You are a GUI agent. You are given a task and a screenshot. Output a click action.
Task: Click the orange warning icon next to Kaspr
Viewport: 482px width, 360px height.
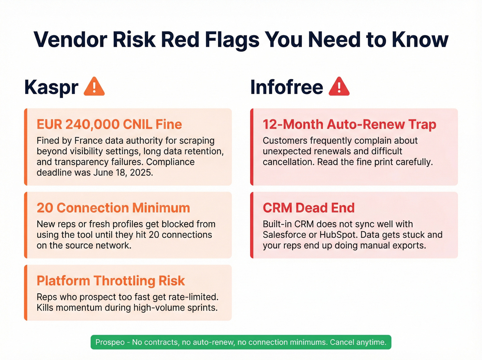tap(94, 87)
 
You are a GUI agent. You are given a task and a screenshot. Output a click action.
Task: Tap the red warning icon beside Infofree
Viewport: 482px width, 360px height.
tap(339, 87)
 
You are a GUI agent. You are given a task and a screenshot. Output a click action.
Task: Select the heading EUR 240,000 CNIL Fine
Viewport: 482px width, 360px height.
tap(109, 124)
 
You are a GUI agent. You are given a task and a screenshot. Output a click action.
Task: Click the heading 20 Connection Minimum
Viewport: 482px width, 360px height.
tap(113, 208)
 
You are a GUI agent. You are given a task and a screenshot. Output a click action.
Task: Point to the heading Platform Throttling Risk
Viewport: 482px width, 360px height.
tap(111, 281)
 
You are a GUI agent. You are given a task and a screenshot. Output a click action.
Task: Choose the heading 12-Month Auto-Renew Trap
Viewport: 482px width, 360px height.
tap(349, 124)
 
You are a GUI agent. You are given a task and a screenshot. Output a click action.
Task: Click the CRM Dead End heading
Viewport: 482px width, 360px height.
tap(308, 208)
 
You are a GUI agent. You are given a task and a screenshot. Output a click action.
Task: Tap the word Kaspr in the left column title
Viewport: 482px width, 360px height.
tap(51, 87)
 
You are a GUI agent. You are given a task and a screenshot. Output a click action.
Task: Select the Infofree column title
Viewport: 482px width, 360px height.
tap(286, 87)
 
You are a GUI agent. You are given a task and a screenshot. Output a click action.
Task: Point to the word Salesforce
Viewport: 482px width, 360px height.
tap(285, 235)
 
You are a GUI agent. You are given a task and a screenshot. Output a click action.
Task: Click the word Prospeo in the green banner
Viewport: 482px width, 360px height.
tap(110, 342)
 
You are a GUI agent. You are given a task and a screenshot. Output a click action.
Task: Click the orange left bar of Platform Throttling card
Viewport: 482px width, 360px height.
tap(25, 293)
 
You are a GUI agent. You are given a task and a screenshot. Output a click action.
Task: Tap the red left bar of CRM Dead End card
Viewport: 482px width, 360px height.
tap(252, 225)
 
